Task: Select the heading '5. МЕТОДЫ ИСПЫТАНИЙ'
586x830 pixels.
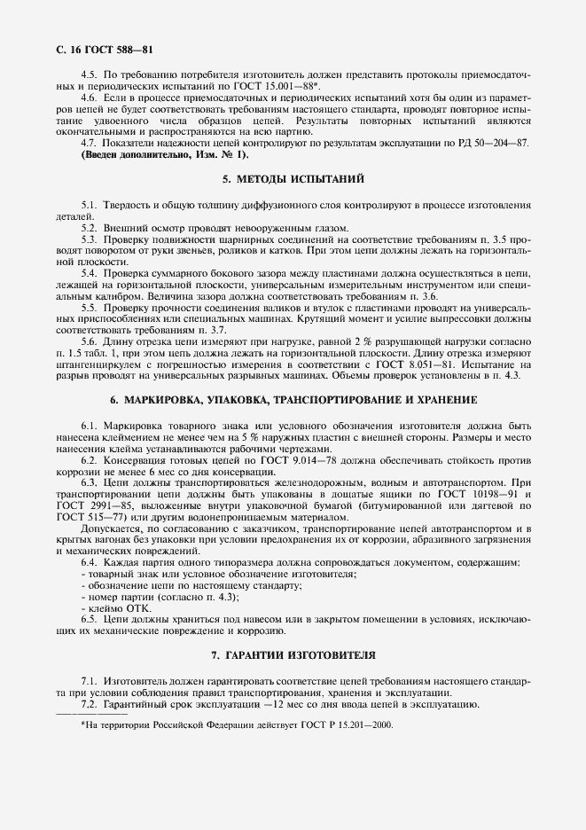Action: pyautogui.click(x=293, y=179)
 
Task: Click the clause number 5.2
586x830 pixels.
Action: pyautogui.click(x=90, y=228)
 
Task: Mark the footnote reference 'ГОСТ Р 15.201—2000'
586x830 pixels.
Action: pyautogui.click(x=333, y=724)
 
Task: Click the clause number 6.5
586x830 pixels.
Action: pyautogui.click(x=90, y=620)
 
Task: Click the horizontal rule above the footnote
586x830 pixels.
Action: pyautogui.click(x=92, y=714)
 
